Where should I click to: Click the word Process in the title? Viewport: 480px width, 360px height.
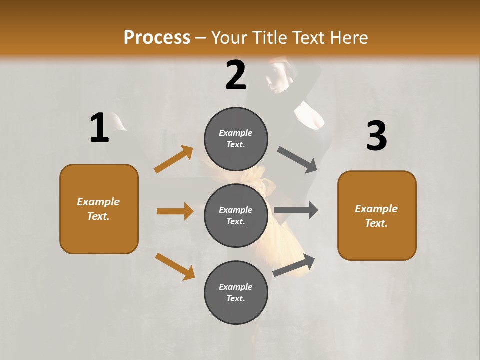point(157,38)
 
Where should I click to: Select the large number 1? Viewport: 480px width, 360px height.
point(99,128)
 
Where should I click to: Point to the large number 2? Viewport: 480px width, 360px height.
point(236,75)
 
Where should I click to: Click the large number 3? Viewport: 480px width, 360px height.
point(376,136)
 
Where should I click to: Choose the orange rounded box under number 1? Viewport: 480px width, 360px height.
point(99,209)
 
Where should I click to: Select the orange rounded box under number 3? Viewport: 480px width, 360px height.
point(377,216)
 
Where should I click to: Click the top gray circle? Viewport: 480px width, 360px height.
point(236,139)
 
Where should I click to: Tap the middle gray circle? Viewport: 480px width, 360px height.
point(236,215)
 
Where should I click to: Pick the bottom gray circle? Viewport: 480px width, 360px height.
point(236,292)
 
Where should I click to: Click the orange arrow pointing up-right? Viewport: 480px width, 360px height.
point(174,159)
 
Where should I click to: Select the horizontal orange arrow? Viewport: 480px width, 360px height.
point(175,211)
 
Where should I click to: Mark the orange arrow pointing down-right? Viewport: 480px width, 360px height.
point(175,266)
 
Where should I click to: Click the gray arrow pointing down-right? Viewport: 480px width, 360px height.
point(297,160)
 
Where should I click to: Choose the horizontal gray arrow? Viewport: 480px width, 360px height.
point(296,210)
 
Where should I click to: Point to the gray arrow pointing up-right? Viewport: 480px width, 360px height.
point(294,265)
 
